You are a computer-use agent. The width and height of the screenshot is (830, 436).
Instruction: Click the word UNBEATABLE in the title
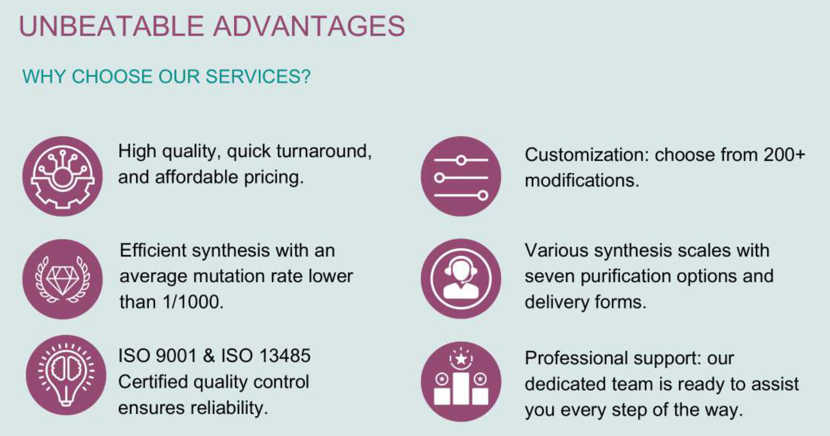[x=111, y=26]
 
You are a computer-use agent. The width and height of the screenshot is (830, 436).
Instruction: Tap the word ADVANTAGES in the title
[x=309, y=26]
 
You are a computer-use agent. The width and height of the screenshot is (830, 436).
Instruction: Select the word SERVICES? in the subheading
[x=258, y=76]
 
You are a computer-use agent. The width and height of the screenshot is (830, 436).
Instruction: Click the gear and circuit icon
[x=62, y=176]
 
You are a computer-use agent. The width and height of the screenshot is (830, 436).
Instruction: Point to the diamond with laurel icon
[x=62, y=279]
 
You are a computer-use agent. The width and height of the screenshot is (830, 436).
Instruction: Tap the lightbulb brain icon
[x=66, y=375]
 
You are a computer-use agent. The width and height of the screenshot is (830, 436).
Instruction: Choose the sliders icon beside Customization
[x=461, y=176]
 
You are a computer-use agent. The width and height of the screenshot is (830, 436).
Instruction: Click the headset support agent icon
[x=461, y=278]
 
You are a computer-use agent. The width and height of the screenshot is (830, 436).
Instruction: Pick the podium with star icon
[x=461, y=382]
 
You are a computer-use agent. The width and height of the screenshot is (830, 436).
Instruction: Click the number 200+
[x=784, y=155]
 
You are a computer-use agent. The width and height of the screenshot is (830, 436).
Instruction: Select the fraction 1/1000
[x=193, y=302]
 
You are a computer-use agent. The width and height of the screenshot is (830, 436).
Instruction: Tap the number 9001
[x=176, y=356]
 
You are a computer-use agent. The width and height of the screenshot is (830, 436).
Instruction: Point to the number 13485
[x=284, y=356]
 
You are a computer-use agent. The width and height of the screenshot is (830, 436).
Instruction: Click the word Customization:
[x=587, y=155]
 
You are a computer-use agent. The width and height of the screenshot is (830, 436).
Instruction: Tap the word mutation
[x=229, y=276]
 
